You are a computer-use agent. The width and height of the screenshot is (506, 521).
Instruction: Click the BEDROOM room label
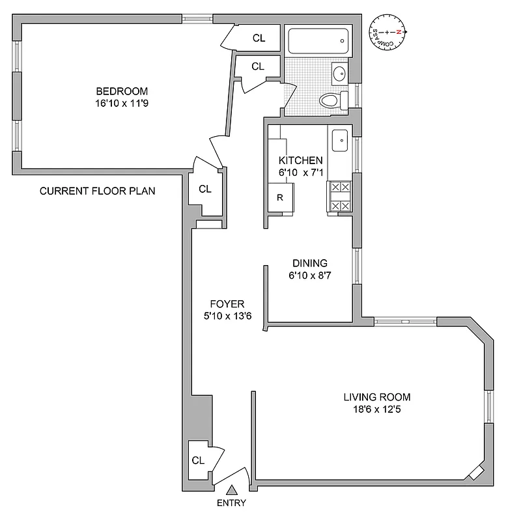[x=122, y=91]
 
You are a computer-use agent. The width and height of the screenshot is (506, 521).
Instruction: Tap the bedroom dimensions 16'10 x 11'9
[x=122, y=103]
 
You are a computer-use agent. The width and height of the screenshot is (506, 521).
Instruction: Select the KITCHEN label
[x=300, y=160]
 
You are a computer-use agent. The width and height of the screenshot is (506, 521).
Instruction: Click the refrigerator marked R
[x=280, y=197]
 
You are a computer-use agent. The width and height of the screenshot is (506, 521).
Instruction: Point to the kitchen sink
[x=340, y=139]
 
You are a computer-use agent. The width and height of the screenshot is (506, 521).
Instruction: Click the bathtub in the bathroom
[x=318, y=40]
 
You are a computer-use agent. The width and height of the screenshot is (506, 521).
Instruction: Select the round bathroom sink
[x=339, y=74]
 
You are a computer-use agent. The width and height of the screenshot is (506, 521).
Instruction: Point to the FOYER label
[x=227, y=304]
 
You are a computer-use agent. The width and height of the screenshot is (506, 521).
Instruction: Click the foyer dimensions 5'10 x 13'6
[x=227, y=317]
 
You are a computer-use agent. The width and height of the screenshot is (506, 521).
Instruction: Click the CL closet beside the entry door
[x=198, y=460]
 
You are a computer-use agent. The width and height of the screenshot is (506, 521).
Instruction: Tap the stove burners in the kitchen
[x=340, y=197]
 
